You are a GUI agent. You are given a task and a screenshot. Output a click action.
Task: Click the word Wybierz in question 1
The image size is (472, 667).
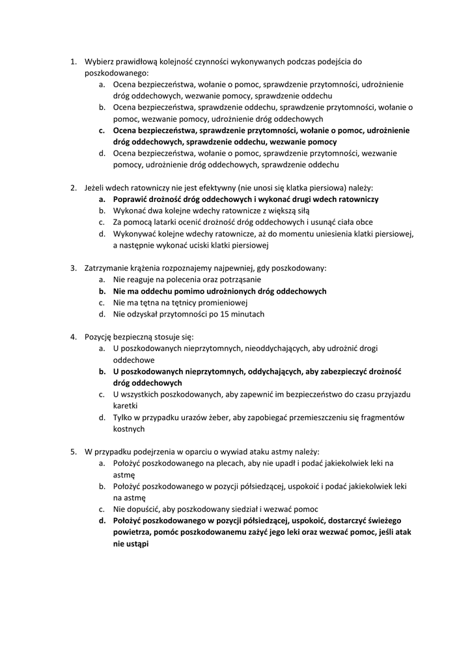click(100, 62)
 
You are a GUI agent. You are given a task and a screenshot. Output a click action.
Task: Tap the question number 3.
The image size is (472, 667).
click(73, 268)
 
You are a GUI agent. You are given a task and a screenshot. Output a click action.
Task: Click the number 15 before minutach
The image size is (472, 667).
click(225, 314)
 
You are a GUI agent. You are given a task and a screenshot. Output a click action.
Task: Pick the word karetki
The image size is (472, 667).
click(126, 406)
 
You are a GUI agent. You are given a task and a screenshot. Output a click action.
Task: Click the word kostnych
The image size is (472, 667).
click(129, 429)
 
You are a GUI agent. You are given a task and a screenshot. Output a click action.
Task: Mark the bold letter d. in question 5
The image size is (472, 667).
click(102, 521)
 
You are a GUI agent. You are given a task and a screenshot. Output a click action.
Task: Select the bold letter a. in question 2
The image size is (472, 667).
click(102, 199)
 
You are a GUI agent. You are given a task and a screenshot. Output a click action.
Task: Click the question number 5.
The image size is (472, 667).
click(73, 451)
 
